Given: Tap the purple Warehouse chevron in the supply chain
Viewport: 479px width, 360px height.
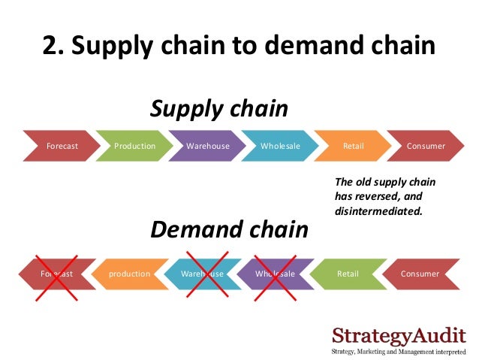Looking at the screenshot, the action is (208, 146).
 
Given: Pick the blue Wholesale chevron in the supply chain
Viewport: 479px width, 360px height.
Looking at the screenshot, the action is (280, 146).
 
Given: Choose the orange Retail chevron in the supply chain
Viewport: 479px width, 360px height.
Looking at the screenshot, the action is (353, 146).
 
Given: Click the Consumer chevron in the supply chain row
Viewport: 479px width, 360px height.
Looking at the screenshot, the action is (426, 146).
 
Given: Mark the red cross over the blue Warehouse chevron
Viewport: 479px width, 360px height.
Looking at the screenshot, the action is (203, 274).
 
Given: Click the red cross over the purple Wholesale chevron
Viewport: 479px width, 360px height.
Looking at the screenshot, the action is (274, 274).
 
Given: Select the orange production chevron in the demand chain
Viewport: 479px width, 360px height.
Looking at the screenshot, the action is (129, 274).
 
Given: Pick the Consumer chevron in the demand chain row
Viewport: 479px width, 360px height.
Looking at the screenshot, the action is (420, 274).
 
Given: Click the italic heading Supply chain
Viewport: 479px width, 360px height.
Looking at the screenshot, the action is (219, 109).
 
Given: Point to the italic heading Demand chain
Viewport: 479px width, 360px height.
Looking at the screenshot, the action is (229, 229).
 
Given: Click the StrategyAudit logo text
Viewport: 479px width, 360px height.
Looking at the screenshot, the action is (399, 334).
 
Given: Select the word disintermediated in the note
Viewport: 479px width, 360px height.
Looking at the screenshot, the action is (378, 211).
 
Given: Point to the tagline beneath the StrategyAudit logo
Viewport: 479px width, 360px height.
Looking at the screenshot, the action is (399, 351).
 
